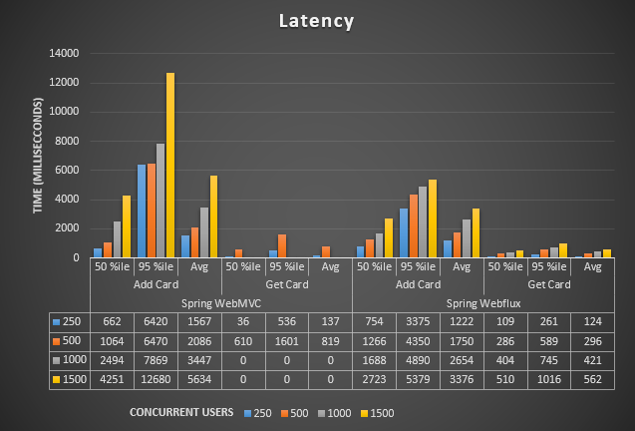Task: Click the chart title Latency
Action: click(x=317, y=20)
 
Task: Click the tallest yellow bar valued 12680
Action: click(x=170, y=166)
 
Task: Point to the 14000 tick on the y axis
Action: click(x=66, y=53)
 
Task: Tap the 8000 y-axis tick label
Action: click(x=69, y=141)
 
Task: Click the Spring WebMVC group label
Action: click(x=221, y=302)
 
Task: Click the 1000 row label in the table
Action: click(x=72, y=360)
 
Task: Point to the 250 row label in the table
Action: click(x=72, y=321)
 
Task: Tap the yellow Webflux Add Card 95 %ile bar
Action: click(x=433, y=218)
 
